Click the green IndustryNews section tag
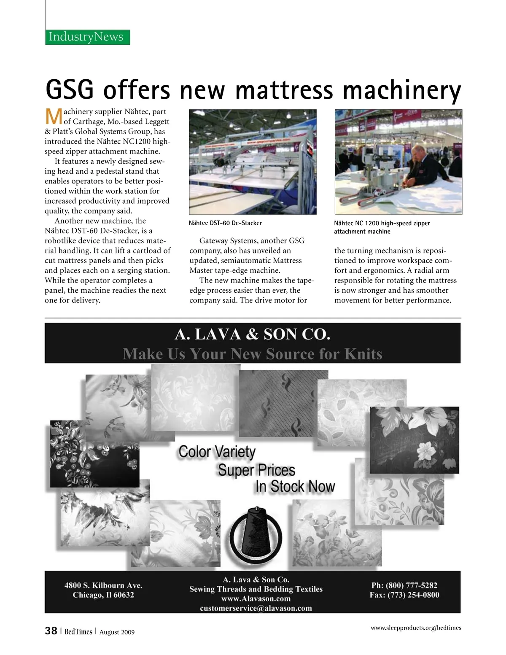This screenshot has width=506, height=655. (x=87, y=37)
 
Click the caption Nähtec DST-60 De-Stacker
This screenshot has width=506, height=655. (x=225, y=223)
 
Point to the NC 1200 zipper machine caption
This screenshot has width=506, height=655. (x=382, y=227)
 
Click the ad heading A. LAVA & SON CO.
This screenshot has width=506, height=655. (x=252, y=334)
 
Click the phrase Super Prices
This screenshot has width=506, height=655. (x=256, y=470)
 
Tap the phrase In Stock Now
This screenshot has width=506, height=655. (x=295, y=486)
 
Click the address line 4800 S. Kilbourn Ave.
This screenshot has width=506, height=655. (x=103, y=585)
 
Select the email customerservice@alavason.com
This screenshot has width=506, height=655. (x=256, y=608)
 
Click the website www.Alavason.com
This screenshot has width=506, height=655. (x=256, y=598)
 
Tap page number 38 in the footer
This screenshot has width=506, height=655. (x=51, y=631)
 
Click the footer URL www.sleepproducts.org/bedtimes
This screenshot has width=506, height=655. (x=416, y=628)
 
